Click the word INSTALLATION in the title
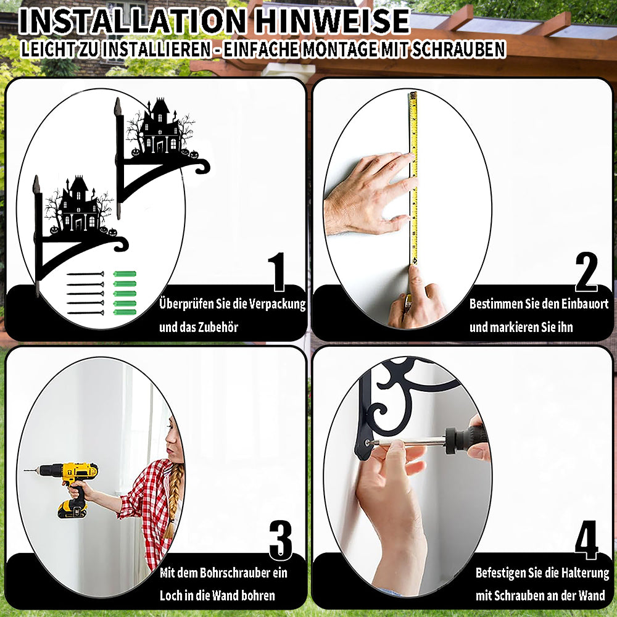[132, 21]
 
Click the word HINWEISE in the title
[332, 21]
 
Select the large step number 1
[278, 272]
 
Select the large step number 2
[586, 272]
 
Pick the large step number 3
[281, 540]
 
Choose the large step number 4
[586, 540]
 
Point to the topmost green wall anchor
[125, 274]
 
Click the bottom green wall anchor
[125, 312]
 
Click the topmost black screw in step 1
[85, 274]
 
